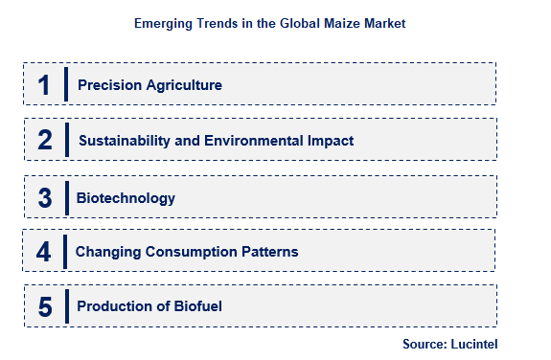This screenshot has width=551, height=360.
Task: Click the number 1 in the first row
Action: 43,84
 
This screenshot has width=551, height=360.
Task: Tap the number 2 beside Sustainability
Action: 44,140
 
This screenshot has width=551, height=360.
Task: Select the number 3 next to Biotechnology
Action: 44,197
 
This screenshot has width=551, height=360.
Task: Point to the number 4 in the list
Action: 43,252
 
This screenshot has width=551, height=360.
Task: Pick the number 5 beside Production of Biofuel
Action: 44,307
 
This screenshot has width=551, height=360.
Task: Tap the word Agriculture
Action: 184,85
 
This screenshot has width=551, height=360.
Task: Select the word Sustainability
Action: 126,141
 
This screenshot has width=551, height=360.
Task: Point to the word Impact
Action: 332,141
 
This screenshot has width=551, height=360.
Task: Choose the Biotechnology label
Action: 126,198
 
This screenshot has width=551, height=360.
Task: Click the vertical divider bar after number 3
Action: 66,197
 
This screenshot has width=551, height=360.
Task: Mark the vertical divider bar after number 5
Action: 66,307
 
